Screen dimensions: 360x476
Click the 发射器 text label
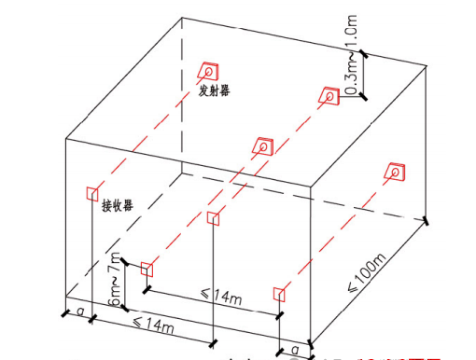click(x=214, y=90)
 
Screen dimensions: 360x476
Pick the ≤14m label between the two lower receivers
click(x=222, y=298)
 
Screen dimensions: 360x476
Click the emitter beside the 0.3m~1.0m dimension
click(x=329, y=94)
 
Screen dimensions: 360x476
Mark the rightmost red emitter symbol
click(x=395, y=172)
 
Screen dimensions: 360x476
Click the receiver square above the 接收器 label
click(x=91, y=192)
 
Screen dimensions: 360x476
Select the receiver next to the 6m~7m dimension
click(x=147, y=270)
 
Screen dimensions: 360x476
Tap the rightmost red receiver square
click(x=278, y=295)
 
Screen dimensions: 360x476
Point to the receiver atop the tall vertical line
click(x=213, y=219)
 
